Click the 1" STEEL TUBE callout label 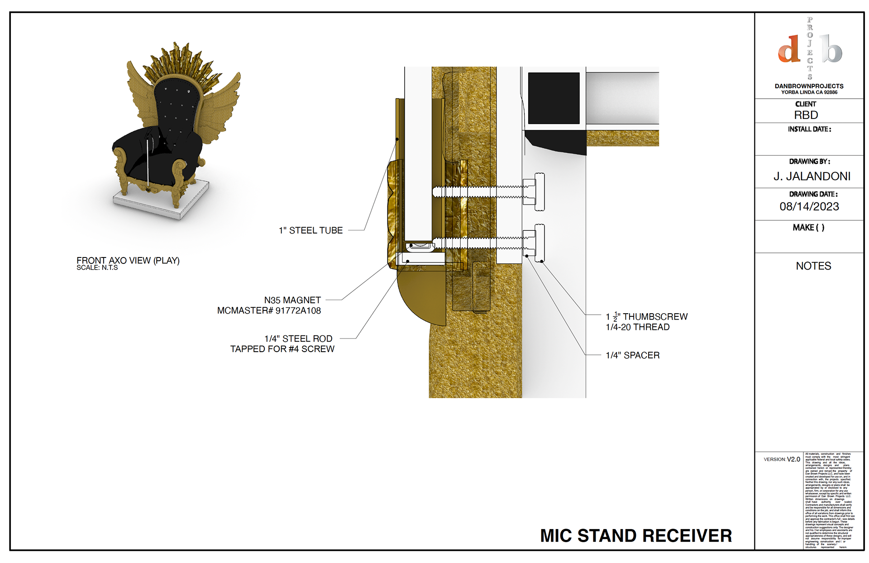click(310, 230)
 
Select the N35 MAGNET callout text click(292, 300)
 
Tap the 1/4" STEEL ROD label click(298, 339)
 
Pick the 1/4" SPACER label click(632, 355)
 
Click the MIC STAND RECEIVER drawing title click(635, 535)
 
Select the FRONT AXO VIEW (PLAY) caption click(128, 260)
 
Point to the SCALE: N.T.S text click(97, 268)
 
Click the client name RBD click(806, 115)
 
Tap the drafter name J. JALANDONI click(812, 176)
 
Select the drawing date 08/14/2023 click(809, 206)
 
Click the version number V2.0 click(793, 459)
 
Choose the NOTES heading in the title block click(813, 266)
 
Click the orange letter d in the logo click(789, 49)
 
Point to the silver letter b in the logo click(831, 49)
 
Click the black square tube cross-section click(554, 98)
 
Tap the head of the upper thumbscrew click(540, 191)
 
